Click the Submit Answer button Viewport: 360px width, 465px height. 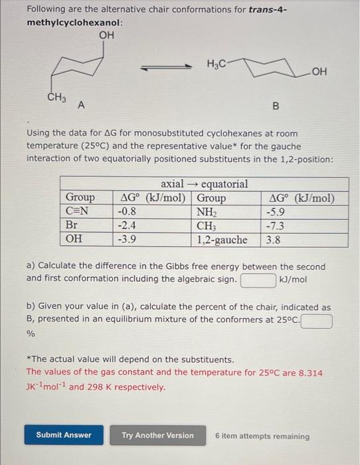click(64, 435)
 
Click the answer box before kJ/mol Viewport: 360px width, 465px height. click(258, 280)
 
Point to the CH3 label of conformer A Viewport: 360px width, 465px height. click(56, 98)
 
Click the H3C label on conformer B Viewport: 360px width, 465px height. click(217, 64)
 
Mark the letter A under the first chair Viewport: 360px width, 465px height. click(81, 105)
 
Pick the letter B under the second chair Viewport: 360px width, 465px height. click(276, 106)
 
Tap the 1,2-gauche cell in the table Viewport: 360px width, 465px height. click(223, 240)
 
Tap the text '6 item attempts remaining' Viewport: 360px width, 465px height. click(262, 436)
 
